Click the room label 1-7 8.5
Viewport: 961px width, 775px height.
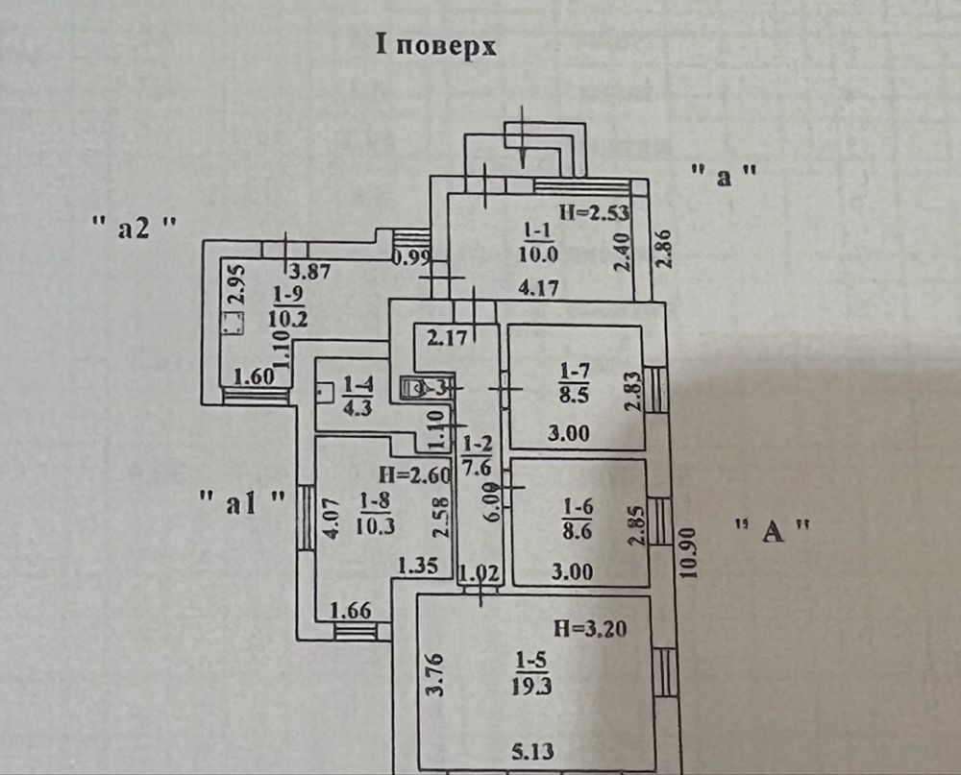(575, 381)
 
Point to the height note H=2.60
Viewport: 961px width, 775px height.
(407, 473)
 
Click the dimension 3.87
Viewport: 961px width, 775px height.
(309, 272)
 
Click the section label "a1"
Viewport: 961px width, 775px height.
(243, 500)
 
